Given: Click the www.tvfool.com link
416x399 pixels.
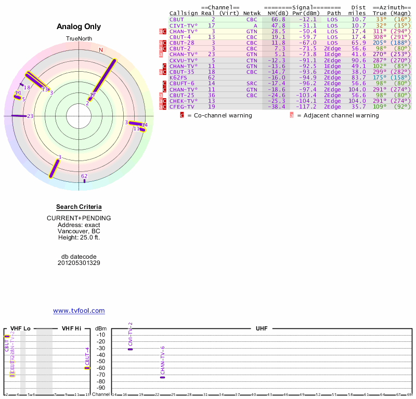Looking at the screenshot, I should [79, 311].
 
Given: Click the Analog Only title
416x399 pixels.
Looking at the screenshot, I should [79, 26].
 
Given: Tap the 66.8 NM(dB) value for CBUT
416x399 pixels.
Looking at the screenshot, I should [276, 19].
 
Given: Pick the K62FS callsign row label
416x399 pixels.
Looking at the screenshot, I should [178, 77].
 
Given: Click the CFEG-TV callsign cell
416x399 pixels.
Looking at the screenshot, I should [181, 107].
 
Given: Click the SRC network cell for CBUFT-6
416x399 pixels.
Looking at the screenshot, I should [252, 83].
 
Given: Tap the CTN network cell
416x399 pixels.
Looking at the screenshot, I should [252, 60].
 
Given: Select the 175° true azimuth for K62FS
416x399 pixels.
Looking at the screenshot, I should [379, 77].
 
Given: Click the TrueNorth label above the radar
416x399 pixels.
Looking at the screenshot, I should [79, 39].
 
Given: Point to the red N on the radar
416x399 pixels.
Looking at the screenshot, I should [101, 50].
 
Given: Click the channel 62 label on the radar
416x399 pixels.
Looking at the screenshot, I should [84, 177].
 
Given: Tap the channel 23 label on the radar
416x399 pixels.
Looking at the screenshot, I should [30, 116].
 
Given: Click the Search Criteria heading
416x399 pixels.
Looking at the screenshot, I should [79, 207].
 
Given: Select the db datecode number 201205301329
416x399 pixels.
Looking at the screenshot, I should [79, 263].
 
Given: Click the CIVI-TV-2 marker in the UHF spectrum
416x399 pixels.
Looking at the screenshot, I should [130, 349].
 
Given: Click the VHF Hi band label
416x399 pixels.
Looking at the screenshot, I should [71, 328].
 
